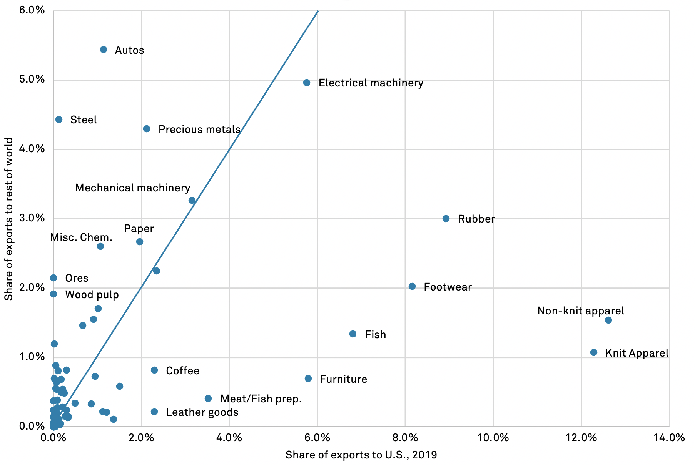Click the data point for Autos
pyautogui.click(x=104, y=50)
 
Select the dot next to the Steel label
pyautogui.click(x=59, y=120)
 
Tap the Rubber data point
pyautogui.click(x=446, y=219)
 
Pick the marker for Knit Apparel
pyautogui.click(x=594, y=352)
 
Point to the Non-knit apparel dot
pyautogui.click(x=608, y=320)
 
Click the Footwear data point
pyautogui.click(x=412, y=286)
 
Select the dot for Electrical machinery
pyautogui.click(x=307, y=83)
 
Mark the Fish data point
pyautogui.click(x=353, y=334)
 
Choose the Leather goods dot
pyautogui.click(x=154, y=412)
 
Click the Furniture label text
pyautogui.click(x=343, y=379)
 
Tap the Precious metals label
pyautogui.click(x=199, y=130)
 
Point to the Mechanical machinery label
pyautogui.click(x=132, y=188)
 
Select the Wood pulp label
pyautogui.click(x=92, y=295)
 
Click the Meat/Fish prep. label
pyautogui.click(x=261, y=399)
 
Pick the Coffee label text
pyautogui.click(x=182, y=371)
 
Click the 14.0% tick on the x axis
pyautogui.click(x=669, y=437)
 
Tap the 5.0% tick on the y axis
pyautogui.click(x=32, y=80)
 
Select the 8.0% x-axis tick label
pyautogui.click(x=405, y=437)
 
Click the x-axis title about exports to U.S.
pyautogui.click(x=361, y=455)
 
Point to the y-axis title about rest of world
pyautogui.click(x=9, y=219)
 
